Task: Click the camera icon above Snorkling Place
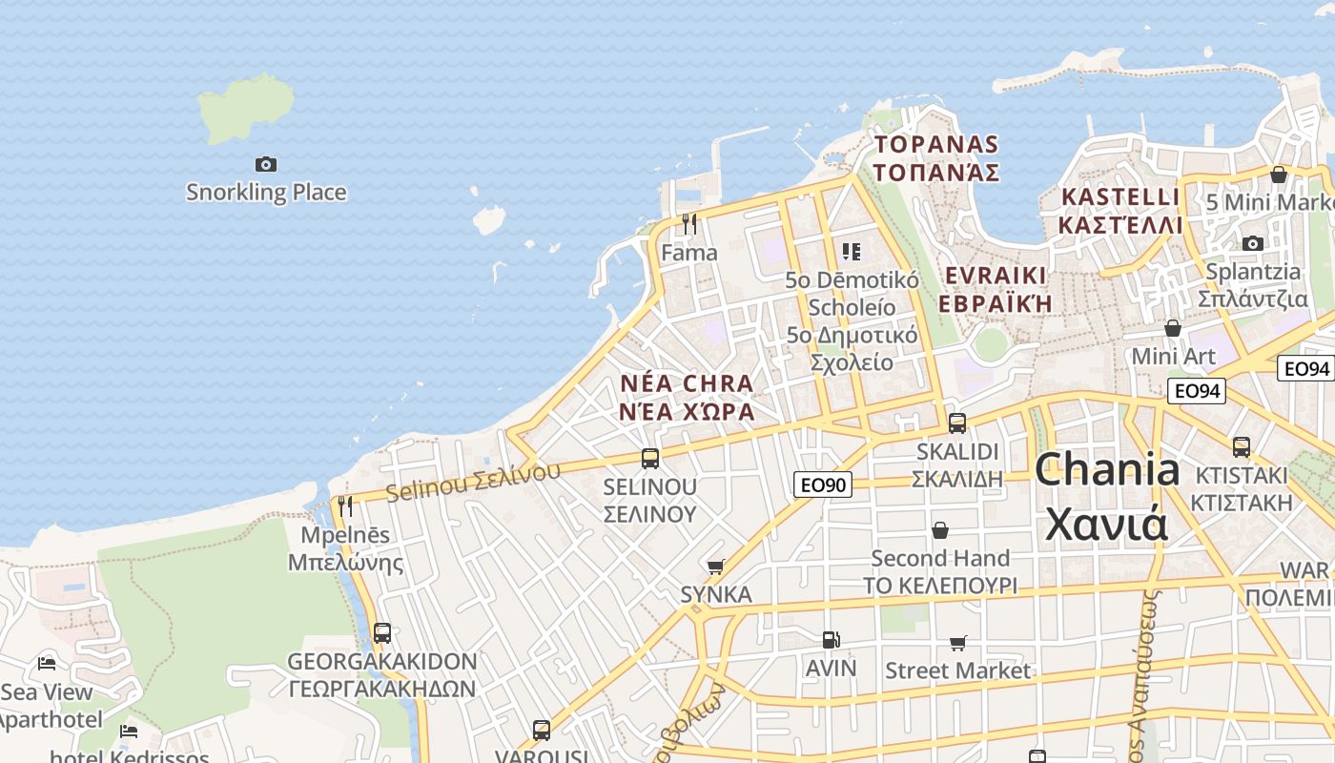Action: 266,164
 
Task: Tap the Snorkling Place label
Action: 266,192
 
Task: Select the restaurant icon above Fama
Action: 689,224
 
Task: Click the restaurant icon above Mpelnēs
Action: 345,505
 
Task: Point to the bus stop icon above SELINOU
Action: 650,458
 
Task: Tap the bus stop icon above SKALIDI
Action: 957,423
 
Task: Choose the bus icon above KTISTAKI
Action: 1242,446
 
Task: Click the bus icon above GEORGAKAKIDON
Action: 382,632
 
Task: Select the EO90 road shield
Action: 821,485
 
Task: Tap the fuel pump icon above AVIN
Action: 832,640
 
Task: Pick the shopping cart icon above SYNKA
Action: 716,567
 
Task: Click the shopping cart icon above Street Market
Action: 957,644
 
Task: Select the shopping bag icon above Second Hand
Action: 940,530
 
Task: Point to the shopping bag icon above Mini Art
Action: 1173,328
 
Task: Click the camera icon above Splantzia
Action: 1253,243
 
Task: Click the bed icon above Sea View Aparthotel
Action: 47,664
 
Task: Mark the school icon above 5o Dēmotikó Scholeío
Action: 852,252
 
